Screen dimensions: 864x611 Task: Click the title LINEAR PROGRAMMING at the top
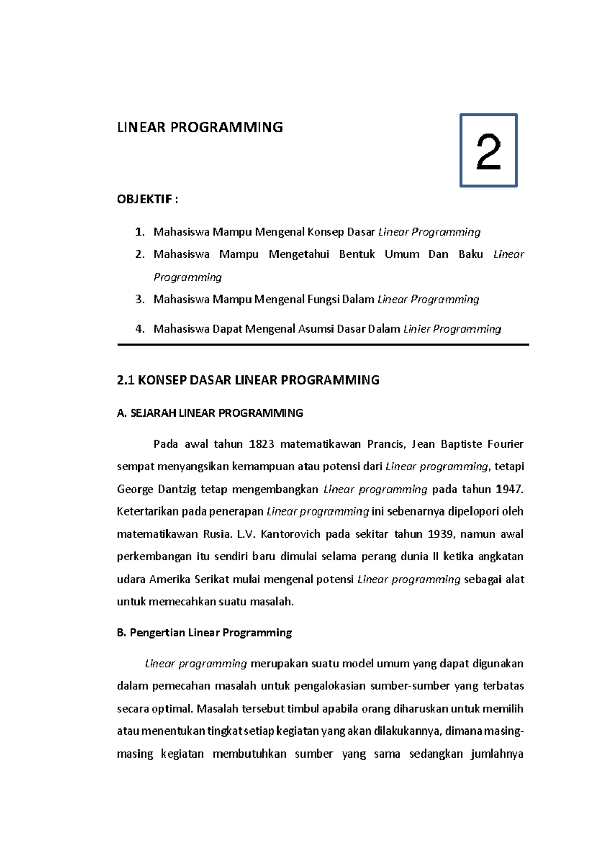pyautogui.click(x=200, y=127)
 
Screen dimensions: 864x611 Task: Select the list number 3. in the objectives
pyautogui.click(x=140, y=300)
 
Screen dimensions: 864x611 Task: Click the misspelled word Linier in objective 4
pyautogui.click(x=416, y=329)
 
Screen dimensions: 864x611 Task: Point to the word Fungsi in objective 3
pyautogui.click(x=323, y=300)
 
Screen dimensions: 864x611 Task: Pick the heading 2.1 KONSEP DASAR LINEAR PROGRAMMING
pyautogui.click(x=248, y=380)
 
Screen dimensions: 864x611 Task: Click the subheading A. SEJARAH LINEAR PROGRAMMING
pyautogui.click(x=210, y=413)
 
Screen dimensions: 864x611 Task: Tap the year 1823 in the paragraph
pyautogui.click(x=261, y=444)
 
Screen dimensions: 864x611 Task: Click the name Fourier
pyautogui.click(x=505, y=444)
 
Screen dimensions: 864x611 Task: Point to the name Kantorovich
pyautogui.click(x=290, y=534)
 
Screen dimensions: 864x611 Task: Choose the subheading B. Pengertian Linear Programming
pyautogui.click(x=204, y=633)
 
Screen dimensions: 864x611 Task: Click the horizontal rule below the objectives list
pyautogui.click(x=323, y=345)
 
